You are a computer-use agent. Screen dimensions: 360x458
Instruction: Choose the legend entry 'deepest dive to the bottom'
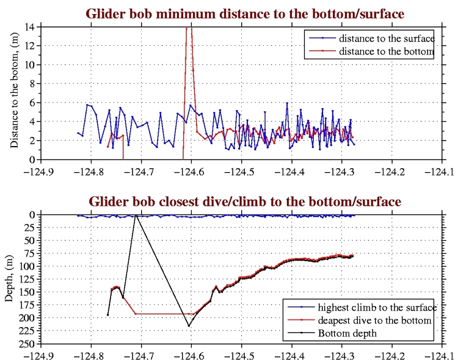(x=376, y=320)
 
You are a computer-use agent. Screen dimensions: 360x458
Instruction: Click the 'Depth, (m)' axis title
(x=10, y=279)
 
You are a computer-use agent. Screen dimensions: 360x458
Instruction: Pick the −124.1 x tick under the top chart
(x=443, y=171)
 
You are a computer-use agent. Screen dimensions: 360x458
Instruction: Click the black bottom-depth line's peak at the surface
(x=136, y=215)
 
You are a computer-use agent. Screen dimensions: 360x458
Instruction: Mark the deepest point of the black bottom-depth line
(x=189, y=326)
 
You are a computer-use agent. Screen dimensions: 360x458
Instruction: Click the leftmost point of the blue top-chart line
(x=78, y=133)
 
